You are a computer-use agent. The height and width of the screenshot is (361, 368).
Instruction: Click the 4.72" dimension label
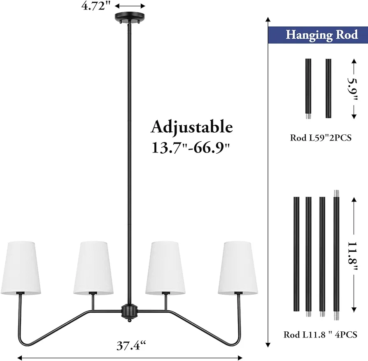coord(96,6)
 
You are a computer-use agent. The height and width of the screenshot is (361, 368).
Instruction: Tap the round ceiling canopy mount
coord(130,17)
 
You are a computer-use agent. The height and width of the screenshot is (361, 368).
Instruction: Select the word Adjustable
coord(192,127)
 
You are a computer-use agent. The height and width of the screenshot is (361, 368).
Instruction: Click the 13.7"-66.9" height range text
coord(191,148)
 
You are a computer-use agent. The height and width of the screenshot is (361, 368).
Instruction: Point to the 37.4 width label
coord(131,345)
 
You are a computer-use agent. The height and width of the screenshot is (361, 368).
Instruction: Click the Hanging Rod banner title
coord(322,35)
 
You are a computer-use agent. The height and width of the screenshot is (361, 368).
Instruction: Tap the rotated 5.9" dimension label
coord(353,89)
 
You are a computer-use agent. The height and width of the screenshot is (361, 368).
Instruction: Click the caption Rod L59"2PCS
coord(321,138)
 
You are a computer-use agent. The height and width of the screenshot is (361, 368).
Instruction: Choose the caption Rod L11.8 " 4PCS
coord(320,335)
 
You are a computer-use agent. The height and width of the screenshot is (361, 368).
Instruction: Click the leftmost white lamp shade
coord(21,268)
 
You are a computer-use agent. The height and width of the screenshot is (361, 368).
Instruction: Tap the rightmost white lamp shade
coord(238,268)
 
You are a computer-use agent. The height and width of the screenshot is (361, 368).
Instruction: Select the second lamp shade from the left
coord(93,268)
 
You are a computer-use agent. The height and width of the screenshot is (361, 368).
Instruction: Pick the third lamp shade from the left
coord(165,268)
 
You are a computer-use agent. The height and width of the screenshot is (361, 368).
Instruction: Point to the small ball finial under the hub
coord(129,320)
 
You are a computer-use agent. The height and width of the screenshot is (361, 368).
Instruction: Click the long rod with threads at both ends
coord(336,255)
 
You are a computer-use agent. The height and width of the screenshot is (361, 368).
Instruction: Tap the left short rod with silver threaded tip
coord(308,89)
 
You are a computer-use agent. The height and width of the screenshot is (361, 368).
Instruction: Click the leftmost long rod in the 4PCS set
coord(296,254)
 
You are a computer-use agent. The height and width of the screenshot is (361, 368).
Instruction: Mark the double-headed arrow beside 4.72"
coord(130,6)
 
